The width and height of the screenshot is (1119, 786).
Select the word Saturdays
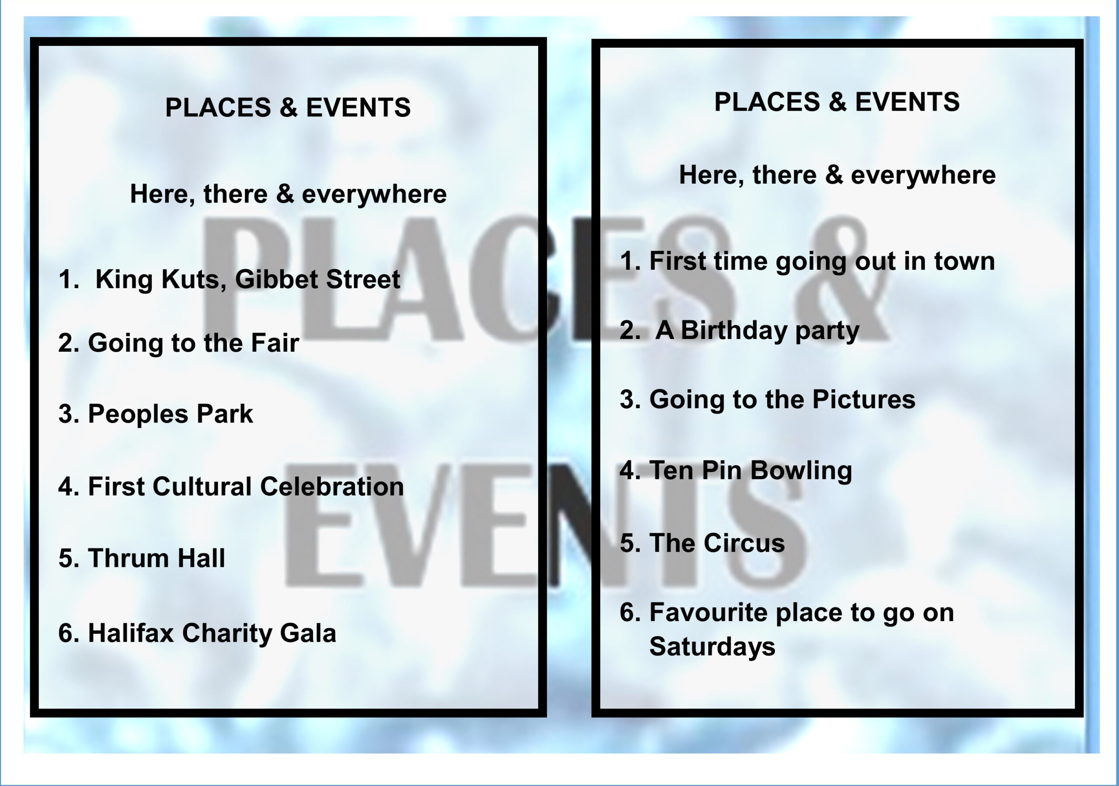(712, 647)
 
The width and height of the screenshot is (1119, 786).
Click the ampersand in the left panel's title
(288, 107)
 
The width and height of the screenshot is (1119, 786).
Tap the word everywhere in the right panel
(923, 175)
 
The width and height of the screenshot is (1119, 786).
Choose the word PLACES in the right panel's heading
(767, 102)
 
